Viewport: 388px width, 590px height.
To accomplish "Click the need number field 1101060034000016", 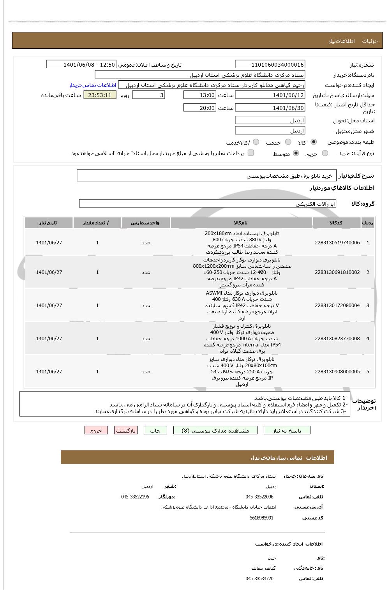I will pos(270,65).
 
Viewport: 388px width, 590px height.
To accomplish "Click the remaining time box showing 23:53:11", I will pos(100,95).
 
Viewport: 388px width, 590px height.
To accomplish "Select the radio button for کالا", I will pos(314,142).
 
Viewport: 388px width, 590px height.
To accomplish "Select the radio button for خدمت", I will pos(288,142).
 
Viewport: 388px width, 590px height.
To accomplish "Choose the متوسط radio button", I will pos(296,154).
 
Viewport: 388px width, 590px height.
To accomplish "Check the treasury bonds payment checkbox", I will pos(251,153).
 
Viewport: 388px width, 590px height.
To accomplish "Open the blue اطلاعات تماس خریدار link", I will pos(93,85).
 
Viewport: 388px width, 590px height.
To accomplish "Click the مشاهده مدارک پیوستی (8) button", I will pos(215,430).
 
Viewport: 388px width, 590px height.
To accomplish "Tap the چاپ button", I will pos(155,430).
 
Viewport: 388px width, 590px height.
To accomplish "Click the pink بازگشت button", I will pos(125,430).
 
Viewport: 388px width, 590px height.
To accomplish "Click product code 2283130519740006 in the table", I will pos(337,243).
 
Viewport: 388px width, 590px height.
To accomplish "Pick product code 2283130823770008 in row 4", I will pos(337,339).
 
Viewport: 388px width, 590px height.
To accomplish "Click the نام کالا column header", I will pos(241,223).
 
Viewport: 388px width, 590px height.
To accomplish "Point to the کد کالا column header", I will pos(336,223).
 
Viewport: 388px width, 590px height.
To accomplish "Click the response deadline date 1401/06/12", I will pos(270,95).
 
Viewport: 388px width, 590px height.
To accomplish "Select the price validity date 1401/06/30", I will pos(270,108).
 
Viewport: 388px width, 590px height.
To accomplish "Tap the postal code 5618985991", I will pos(261,518).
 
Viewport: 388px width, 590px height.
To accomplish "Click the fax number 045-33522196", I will pos(135,497).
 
